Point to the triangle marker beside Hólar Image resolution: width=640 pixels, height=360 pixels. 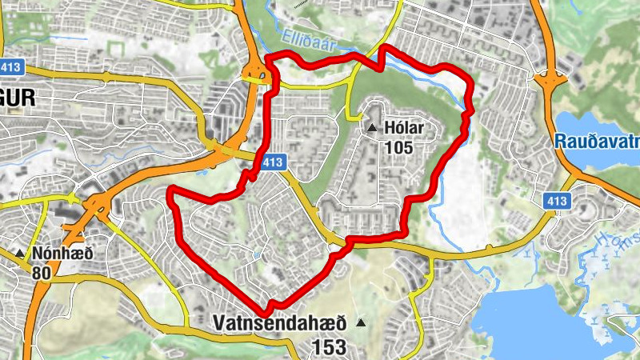click(x=372, y=128)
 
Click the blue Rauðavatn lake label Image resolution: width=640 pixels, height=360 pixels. click(x=596, y=140)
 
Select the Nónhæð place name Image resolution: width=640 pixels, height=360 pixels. click(x=62, y=254)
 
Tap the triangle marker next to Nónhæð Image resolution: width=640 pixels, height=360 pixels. click(x=20, y=254)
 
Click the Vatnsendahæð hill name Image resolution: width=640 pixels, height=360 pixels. click(x=279, y=324)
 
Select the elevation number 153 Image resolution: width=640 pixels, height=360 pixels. click(x=330, y=346)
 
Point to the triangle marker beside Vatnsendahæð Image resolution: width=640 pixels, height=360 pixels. click(x=361, y=323)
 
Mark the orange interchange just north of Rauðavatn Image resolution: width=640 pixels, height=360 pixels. click(x=550, y=80)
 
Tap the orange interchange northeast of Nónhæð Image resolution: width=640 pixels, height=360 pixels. click(x=97, y=207)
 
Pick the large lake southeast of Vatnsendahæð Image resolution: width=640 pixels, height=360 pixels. click(x=552, y=320)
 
